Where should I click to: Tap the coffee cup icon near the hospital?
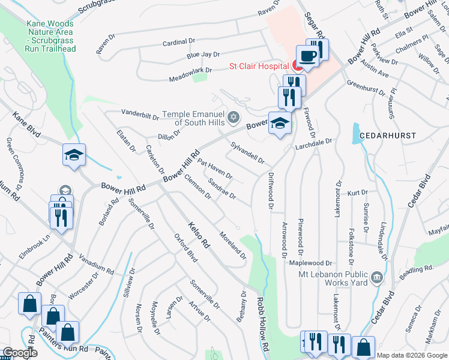coord(308,56)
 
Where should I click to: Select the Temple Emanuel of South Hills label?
coord(198,118)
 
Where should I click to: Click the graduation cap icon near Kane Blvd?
coord(74,155)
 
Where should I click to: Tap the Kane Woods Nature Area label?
coord(50,36)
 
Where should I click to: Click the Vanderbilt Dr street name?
coord(142,112)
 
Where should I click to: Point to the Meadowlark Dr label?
coord(173,70)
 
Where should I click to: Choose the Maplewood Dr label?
coord(310,263)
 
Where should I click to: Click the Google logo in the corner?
coord(19,353)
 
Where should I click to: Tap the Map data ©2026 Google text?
coord(412,355)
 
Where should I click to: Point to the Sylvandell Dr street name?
coord(247,152)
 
